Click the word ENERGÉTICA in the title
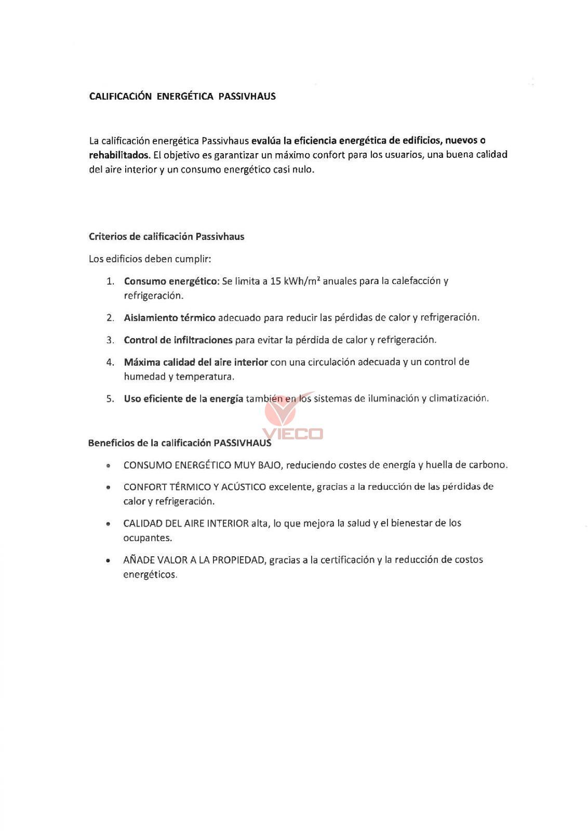pos(184,96)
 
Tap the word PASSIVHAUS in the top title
pos(247,96)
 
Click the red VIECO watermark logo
pos(292,419)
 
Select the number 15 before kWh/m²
pos(276,281)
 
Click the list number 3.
pos(110,340)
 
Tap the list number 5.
pos(110,399)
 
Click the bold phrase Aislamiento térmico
pos(169,317)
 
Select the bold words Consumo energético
pos(171,281)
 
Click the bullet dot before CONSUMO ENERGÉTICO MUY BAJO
pos(108,466)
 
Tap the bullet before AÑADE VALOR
pos(108,561)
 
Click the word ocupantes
pos(147,538)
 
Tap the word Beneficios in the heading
pos(110,443)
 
